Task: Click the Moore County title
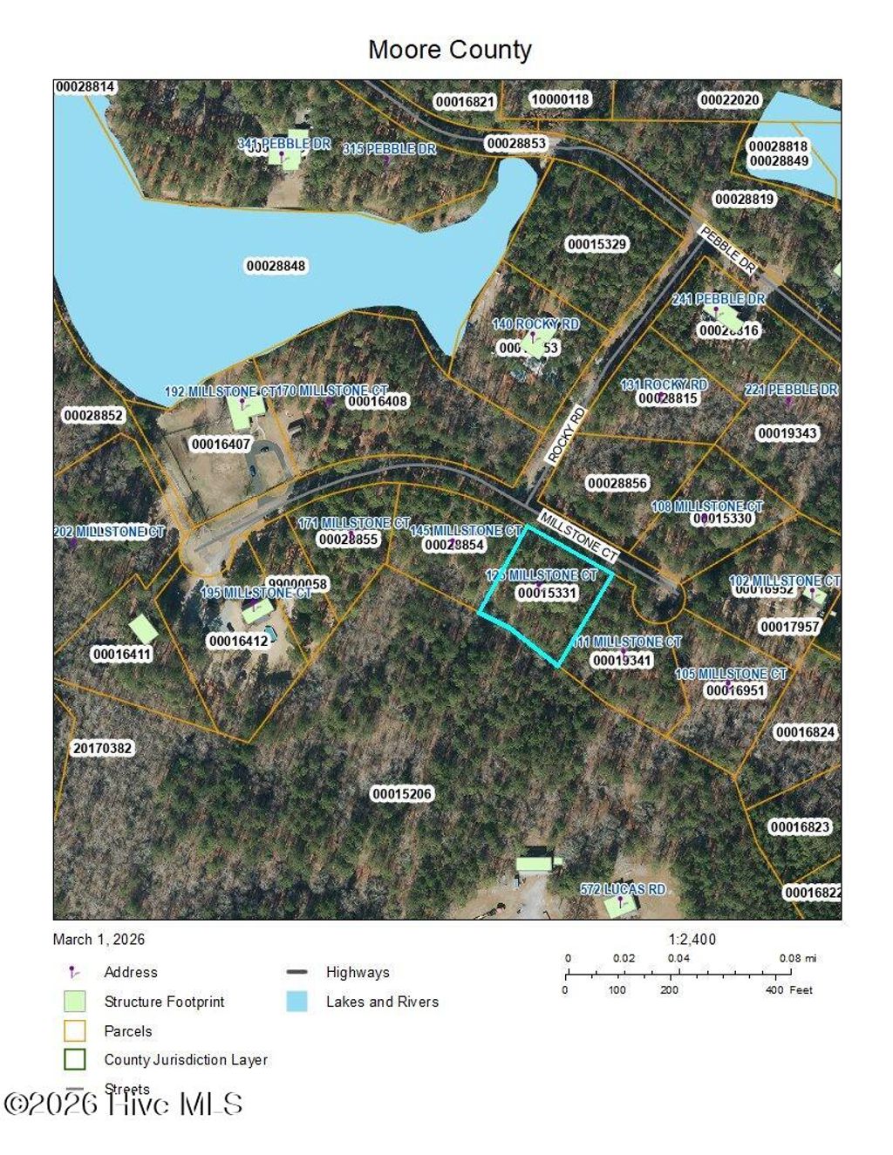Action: [x=450, y=50]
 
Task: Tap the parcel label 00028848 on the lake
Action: [x=276, y=266]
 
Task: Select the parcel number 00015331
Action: [x=547, y=593]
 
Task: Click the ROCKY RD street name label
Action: [x=565, y=434]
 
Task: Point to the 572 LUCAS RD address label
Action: [x=623, y=889]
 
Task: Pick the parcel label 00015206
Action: [x=402, y=794]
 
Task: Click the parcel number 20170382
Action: [x=103, y=748]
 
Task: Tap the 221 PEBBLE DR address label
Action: [x=791, y=390]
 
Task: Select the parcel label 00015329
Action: [x=597, y=244]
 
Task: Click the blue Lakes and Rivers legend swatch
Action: [x=297, y=1002]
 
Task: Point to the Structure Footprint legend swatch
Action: [x=75, y=1002]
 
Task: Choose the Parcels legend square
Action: [x=75, y=1030]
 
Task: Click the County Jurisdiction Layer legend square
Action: [x=75, y=1059]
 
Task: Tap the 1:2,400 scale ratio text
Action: [x=692, y=940]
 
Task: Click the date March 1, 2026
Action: [x=99, y=940]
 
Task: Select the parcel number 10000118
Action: [x=561, y=99]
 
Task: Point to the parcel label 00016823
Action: [x=801, y=826]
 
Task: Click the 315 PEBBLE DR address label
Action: [x=389, y=149]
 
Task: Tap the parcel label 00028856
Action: [x=617, y=483]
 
